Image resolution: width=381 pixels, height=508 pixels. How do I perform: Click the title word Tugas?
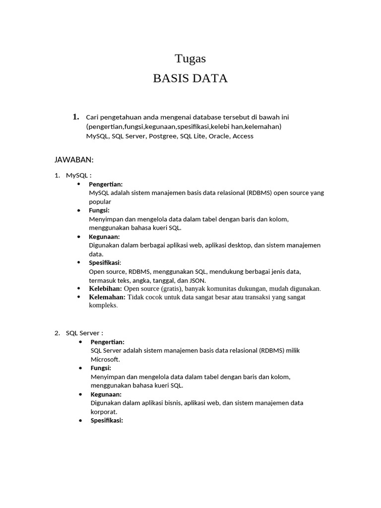[x=190, y=59]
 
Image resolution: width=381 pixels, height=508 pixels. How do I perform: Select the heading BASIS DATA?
[x=190, y=78]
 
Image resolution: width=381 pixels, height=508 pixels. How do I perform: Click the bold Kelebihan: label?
[x=105, y=288]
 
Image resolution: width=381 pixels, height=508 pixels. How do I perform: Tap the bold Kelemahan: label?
[x=107, y=297]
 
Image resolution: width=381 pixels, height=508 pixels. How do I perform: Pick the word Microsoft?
[x=105, y=359]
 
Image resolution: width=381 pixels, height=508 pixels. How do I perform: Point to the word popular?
[x=100, y=202]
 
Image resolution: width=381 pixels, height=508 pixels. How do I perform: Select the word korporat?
[x=104, y=412]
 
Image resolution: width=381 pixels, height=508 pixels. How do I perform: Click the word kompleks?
[x=103, y=306]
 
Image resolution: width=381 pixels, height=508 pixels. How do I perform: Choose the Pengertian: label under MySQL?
[x=106, y=185]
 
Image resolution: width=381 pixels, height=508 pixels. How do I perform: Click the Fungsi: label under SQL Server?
[x=101, y=368]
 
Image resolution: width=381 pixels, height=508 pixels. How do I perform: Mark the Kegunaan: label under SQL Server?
[x=106, y=394]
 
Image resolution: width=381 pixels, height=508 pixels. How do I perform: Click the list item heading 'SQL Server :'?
[x=84, y=333]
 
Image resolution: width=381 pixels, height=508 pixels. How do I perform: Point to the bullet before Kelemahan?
[x=79, y=297]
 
